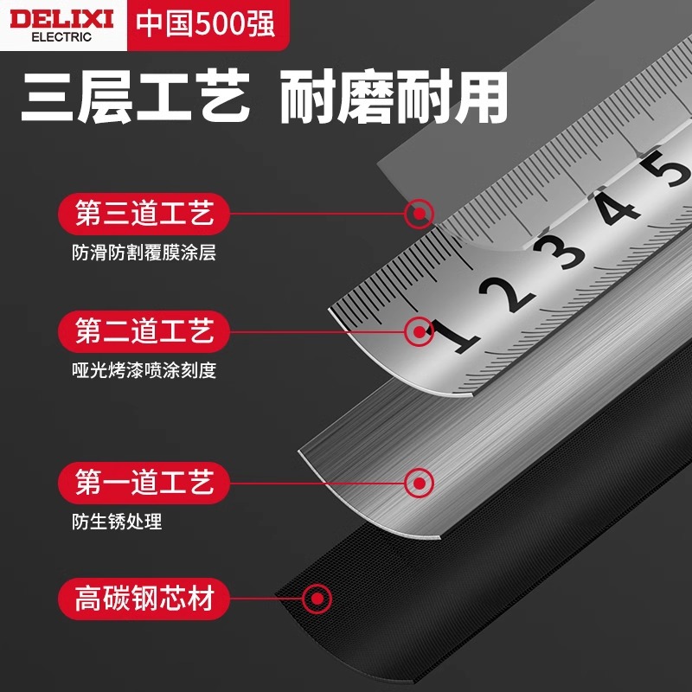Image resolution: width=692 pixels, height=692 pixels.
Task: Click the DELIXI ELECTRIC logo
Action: [x=61, y=25]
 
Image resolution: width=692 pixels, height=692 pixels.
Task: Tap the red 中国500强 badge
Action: [x=208, y=24]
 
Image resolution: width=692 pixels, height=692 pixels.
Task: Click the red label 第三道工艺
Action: [x=144, y=214]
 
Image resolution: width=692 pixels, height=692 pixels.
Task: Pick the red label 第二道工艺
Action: [x=144, y=331]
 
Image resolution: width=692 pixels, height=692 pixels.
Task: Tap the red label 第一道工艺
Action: [x=144, y=483]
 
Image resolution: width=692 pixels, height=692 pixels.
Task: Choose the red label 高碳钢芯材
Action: [x=144, y=599]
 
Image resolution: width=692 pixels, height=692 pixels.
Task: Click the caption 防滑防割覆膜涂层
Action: [x=144, y=253]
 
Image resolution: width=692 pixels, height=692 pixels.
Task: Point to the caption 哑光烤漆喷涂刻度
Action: [x=144, y=370]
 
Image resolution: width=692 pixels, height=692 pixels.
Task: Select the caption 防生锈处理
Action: [x=117, y=522]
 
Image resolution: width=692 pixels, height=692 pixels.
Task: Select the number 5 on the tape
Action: [x=667, y=168]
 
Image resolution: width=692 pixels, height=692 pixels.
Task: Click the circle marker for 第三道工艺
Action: [x=420, y=214]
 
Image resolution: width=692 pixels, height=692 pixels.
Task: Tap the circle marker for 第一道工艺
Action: [x=420, y=483]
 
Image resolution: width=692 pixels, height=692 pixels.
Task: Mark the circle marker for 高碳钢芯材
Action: [x=317, y=599]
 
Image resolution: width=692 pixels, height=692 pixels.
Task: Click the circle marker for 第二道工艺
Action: [x=420, y=331]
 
